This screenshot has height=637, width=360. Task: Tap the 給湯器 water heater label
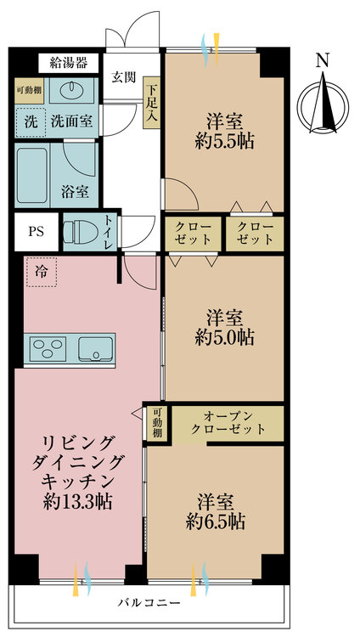tap(69, 63)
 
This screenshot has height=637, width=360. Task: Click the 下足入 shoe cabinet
tap(152, 102)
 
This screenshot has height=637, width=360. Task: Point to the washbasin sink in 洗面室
tap(67, 92)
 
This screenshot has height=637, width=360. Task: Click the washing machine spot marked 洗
tap(30, 121)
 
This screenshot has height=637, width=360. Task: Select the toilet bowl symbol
tap(79, 231)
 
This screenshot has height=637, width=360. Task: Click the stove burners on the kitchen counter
tap(48, 348)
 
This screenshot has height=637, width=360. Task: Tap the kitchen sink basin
tap(95, 348)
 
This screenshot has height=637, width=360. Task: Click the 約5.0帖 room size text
tap(224, 337)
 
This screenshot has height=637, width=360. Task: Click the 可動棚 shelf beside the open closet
tap(157, 423)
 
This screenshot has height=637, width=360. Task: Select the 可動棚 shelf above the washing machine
tap(30, 89)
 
